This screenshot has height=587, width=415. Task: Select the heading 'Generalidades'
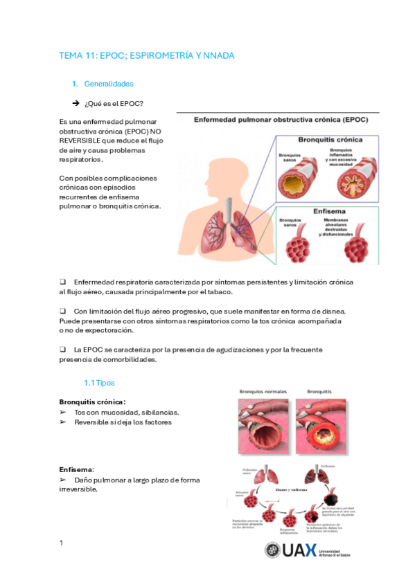(x=108, y=84)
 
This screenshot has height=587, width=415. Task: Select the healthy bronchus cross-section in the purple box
(x=295, y=182)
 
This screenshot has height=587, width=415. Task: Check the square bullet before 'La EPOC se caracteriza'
(x=62, y=350)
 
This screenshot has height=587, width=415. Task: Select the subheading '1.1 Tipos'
(x=99, y=383)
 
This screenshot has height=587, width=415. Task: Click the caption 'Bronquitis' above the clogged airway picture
(x=319, y=391)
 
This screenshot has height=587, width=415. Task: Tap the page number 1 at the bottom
(x=61, y=542)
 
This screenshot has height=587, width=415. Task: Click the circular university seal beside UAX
(x=273, y=550)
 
